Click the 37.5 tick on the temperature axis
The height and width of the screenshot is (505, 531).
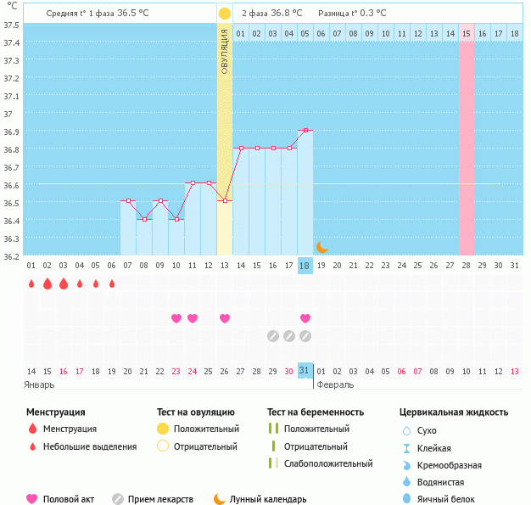tap(11, 25)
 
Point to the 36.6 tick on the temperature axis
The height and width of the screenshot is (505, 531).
tap(11, 184)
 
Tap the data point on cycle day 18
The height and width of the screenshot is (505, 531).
tap(305, 131)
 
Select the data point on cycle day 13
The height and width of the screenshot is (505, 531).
tap(225, 200)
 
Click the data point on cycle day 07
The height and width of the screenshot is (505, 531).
tap(128, 200)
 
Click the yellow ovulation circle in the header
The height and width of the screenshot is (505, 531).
tap(224, 14)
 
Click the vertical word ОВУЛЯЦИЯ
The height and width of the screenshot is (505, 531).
tap(225, 51)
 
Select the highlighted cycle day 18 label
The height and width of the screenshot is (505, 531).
tap(305, 266)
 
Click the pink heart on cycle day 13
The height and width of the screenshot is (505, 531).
tap(225, 318)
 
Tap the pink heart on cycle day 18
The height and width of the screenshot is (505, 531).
tap(305, 318)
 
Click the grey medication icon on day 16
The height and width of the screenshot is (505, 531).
tap(273, 335)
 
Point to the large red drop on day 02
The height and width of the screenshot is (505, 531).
tap(48, 283)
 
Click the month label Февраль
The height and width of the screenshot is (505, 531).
tap(335, 384)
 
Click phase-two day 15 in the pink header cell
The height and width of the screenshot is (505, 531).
tap(467, 33)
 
